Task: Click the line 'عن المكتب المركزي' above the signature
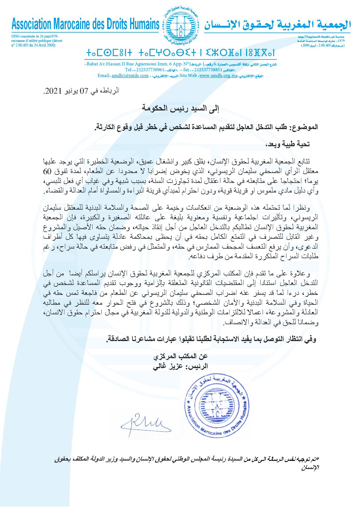(x=180, y=356)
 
